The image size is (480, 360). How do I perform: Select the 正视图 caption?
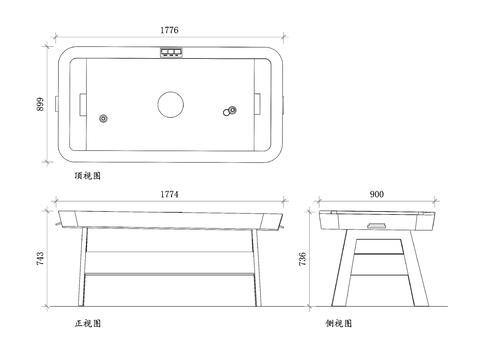[x=88, y=325]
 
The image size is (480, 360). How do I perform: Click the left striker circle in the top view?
[x=104, y=116]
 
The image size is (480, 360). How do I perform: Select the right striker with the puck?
[x=232, y=110]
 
